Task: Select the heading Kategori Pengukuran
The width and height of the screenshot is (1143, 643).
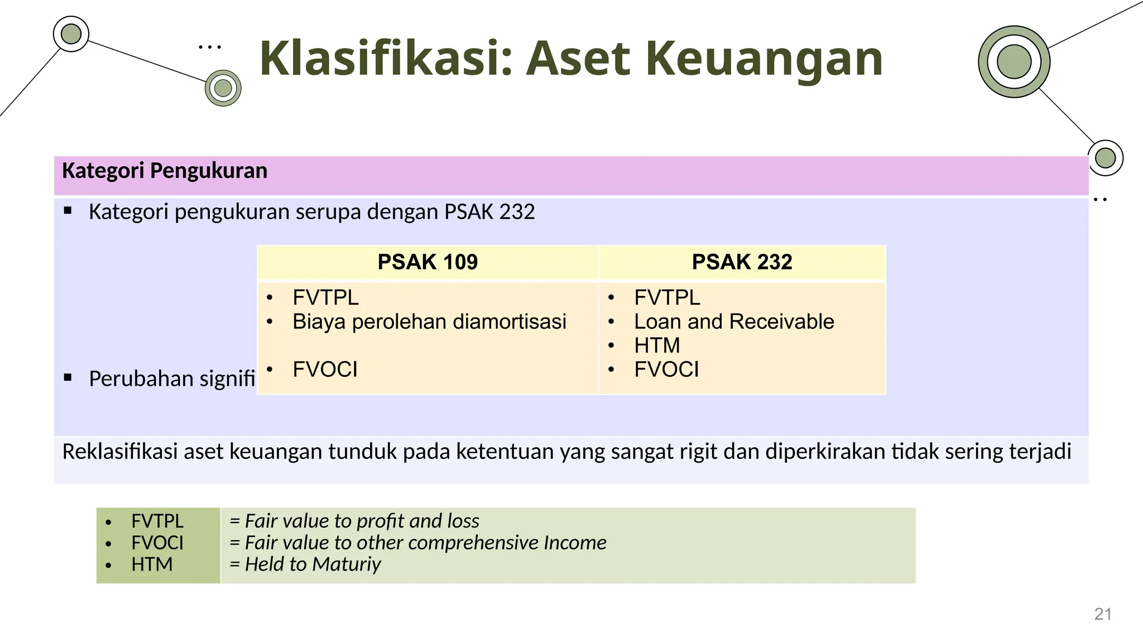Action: (165, 171)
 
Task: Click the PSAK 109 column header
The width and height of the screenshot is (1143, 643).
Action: (428, 262)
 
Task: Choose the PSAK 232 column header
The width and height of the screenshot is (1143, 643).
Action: (742, 262)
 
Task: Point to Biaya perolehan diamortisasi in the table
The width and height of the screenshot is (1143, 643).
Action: (429, 322)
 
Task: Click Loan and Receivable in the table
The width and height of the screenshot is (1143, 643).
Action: (734, 322)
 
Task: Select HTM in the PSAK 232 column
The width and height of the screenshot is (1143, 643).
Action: (657, 346)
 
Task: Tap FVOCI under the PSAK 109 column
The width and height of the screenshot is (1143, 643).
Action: (325, 370)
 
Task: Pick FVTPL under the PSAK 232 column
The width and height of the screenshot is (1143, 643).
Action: (667, 298)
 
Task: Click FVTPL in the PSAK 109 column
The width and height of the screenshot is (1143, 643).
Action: (325, 298)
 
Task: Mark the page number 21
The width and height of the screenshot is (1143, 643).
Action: (1103, 614)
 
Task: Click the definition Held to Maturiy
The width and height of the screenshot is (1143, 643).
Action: (313, 564)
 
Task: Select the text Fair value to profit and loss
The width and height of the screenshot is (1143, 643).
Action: (362, 521)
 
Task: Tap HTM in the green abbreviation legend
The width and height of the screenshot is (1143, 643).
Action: (152, 564)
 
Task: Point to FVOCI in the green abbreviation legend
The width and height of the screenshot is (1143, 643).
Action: (157, 543)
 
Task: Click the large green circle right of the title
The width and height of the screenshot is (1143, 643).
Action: (1014, 61)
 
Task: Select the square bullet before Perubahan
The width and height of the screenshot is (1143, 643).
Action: (68, 378)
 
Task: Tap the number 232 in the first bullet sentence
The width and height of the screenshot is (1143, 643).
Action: (517, 212)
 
